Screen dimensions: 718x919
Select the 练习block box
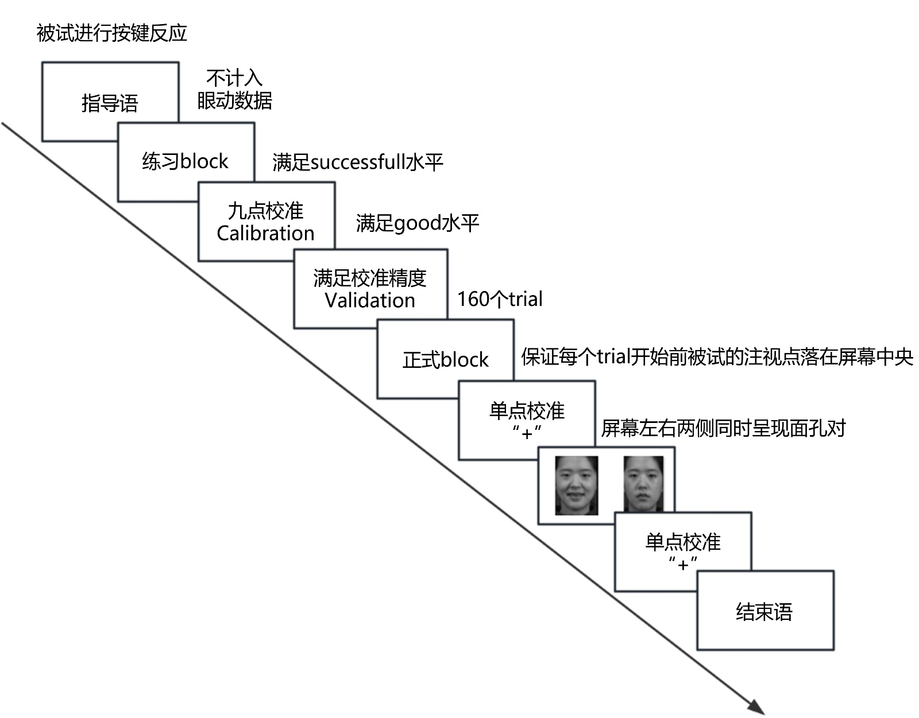coord(185,161)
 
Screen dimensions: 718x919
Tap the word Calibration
coord(265,234)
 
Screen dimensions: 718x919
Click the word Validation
coord(370,300)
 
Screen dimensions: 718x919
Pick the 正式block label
coord(445,360)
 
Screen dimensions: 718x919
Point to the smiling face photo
coord(576,486)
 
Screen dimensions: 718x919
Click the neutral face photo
coord(643,484)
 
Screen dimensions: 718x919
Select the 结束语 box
coord(764,611)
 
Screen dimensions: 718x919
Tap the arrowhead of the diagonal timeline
coord(757,708)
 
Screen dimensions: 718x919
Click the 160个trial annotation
coord(499,299)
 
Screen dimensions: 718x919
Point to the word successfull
coord(358,162)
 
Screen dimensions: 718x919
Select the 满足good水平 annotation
coord(417,223)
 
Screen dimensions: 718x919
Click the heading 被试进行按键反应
coord(112,33)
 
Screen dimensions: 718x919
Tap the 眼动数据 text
coord(234,101)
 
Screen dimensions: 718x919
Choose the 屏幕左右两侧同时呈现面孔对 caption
coord(723,428)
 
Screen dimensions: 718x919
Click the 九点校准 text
coord(265,211)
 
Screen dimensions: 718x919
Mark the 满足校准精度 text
coord(370,278)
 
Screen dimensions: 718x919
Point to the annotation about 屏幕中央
coord(717,357)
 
